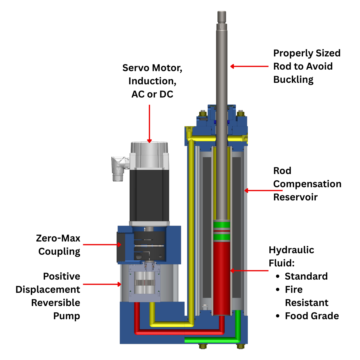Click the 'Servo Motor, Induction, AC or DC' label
tap(152, 81)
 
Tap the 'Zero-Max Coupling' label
tap(58, 245)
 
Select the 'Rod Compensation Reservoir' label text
tap(307, 184)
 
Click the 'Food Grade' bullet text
tap(312, 316)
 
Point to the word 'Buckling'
tap(293, 79)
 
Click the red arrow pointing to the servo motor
tap(149, 123)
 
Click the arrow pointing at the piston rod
tap(249, 66)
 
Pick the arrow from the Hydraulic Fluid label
tap(249, 271)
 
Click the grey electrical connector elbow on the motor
tap(118, 168)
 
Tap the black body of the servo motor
tap(149, 195)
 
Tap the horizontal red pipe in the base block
tap(180, 332)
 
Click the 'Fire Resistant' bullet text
tap(306, 296)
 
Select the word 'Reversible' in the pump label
tap(55, 303)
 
